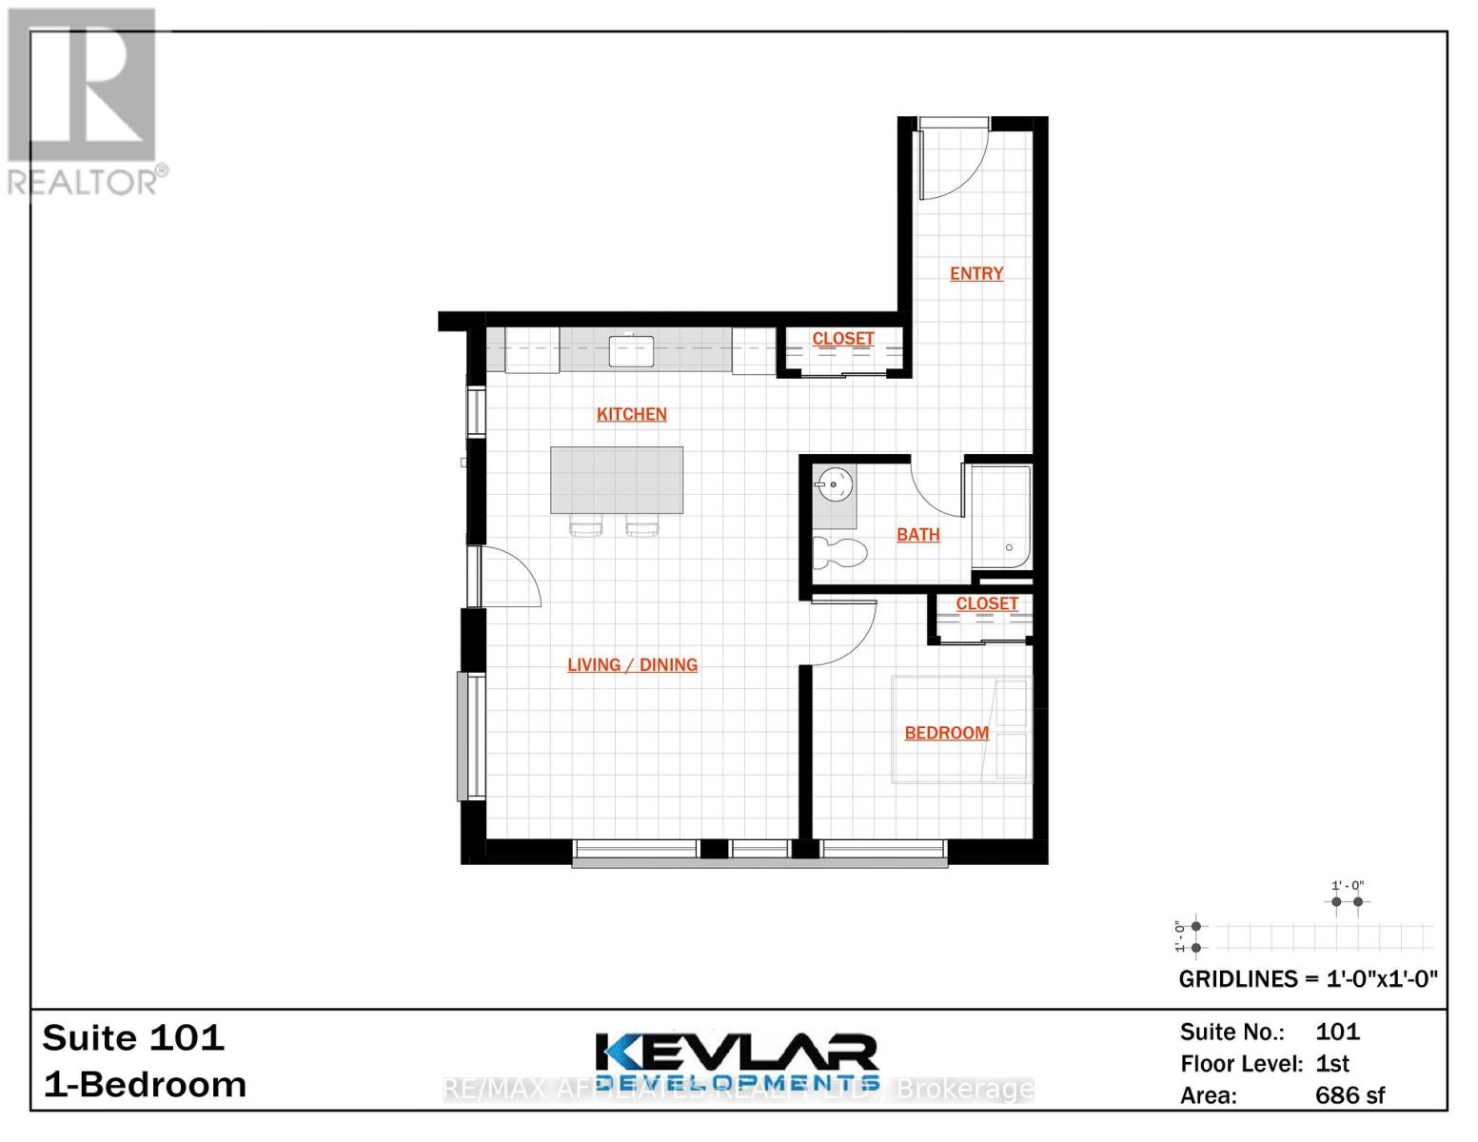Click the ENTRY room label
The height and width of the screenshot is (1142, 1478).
pyautogui.click(x=976, y=274)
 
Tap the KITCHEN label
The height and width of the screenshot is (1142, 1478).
pyautogui.click(x=631, y=414)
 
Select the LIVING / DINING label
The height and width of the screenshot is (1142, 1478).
pyautogui.click(x=632, y=665)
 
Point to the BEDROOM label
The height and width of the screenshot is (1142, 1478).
pyautogui.click(x=946, y=733)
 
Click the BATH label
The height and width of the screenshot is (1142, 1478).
pyautogui.click(x=917, y=535)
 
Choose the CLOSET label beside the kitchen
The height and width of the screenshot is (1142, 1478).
pyautogui.click(x=842, y=339)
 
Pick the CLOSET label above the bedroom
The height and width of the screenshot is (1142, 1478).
pyautogui.click(x=987, y=604)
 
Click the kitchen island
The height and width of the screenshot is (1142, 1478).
pyautogui.click(x=617, y=480)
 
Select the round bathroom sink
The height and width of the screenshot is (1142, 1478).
pyautogui.click(x=835, y=484)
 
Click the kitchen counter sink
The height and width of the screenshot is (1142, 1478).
pyautogui.click(x=631, y=350)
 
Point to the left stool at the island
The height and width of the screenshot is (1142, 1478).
pyautogui.click(x=585, y=525)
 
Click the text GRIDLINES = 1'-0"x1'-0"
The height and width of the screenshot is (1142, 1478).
pyautogui.click(x=1308, y=979)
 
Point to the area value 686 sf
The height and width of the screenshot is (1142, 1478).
pyautogui.click(x=1350, y=1095)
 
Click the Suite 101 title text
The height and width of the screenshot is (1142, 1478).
pyautogui.click(x=133, y=1037)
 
